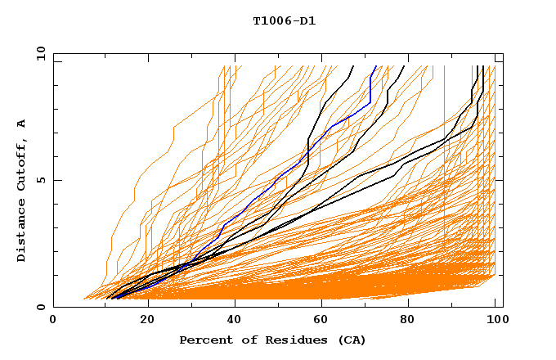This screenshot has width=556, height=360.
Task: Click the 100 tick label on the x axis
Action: (x=496, y=320)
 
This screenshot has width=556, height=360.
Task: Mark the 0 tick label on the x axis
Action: (x=54, y=320)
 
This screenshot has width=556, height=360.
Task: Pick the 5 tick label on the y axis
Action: (x=40, y=180)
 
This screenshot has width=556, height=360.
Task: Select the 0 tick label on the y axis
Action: (x=40, y=307)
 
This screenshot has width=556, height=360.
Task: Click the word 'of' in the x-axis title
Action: (x=244, y=340)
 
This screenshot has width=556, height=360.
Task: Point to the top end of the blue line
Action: (x=376, y=66)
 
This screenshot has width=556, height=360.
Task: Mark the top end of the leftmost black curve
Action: (x=353, y=66)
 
